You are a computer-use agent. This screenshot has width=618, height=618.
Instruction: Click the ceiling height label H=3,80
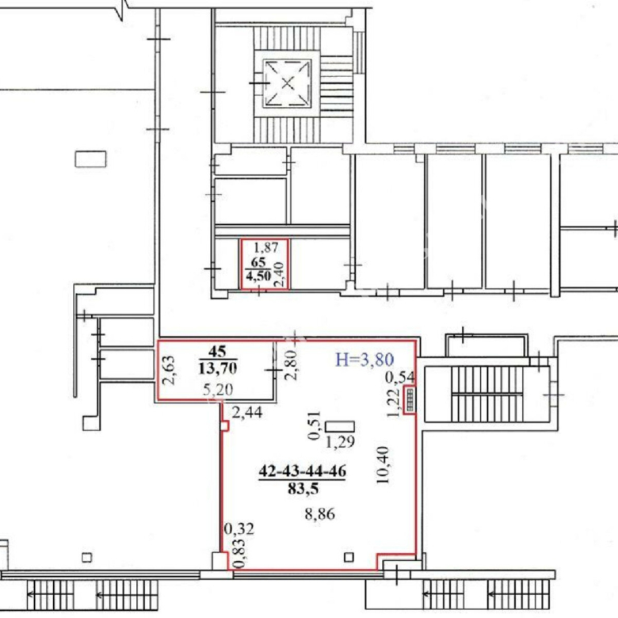point(364,360)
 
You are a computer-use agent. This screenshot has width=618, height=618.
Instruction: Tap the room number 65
point(258,262)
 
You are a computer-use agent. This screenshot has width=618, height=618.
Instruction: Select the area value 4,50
point(258,276)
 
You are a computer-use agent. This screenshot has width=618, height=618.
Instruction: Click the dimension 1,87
point(265,247)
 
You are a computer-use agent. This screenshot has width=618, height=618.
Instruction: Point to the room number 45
point(217,351)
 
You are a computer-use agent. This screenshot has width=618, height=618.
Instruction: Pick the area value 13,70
point(218,368)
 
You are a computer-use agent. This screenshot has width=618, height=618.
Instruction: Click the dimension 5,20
point(218,390)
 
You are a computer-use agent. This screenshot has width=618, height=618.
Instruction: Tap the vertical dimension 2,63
point(169,371)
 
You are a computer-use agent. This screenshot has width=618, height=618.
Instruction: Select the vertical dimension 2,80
point(292,365)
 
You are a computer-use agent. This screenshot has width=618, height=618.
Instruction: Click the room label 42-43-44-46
point(303,471)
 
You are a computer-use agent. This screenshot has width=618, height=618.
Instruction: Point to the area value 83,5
point(303,489)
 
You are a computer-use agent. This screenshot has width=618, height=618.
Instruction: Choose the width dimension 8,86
point(319,514)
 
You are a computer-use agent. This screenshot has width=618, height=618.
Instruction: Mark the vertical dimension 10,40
point(383,464)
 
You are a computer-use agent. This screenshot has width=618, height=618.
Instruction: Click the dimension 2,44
point(247,413)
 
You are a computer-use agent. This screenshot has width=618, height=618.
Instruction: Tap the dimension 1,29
point(340,442)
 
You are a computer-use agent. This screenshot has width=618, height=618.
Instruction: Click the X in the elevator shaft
point(288,83)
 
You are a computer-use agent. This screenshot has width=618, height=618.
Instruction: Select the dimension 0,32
point(238,528)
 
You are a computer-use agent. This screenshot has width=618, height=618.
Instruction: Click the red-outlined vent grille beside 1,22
point(410,399)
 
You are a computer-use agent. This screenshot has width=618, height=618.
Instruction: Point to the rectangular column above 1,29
point(340,426)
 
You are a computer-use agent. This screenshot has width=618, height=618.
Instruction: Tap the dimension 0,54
point(399,378)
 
